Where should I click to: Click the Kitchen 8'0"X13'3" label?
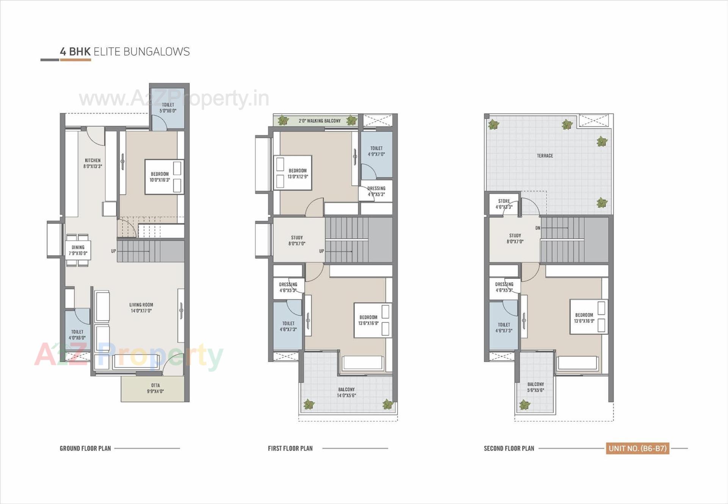(93, 163)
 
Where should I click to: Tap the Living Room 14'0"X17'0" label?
(141, 308)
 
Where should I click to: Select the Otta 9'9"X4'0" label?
(155, 388)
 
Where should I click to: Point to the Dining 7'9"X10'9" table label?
(78, 250)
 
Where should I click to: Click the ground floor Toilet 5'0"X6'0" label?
(168, 108)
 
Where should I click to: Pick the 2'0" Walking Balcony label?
(320, 121)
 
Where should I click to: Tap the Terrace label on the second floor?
(545, 156)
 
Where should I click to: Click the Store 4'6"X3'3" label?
(504, 204)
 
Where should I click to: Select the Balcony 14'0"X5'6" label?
(347, 393)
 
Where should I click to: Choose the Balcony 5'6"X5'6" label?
(535, 387)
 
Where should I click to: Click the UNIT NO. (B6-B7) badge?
(637, 448)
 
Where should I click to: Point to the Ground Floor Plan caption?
(85, 449)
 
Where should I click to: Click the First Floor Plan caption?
(290, 449)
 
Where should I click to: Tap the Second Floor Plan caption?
(509, 449)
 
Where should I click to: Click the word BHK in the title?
(80, 52)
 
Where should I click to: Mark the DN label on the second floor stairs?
(538, 228)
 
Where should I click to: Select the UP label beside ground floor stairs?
(113, 251)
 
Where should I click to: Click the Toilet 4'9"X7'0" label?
(376, 151)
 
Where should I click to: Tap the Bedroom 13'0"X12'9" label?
(298, 174)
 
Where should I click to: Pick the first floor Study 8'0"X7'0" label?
(297, 241)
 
